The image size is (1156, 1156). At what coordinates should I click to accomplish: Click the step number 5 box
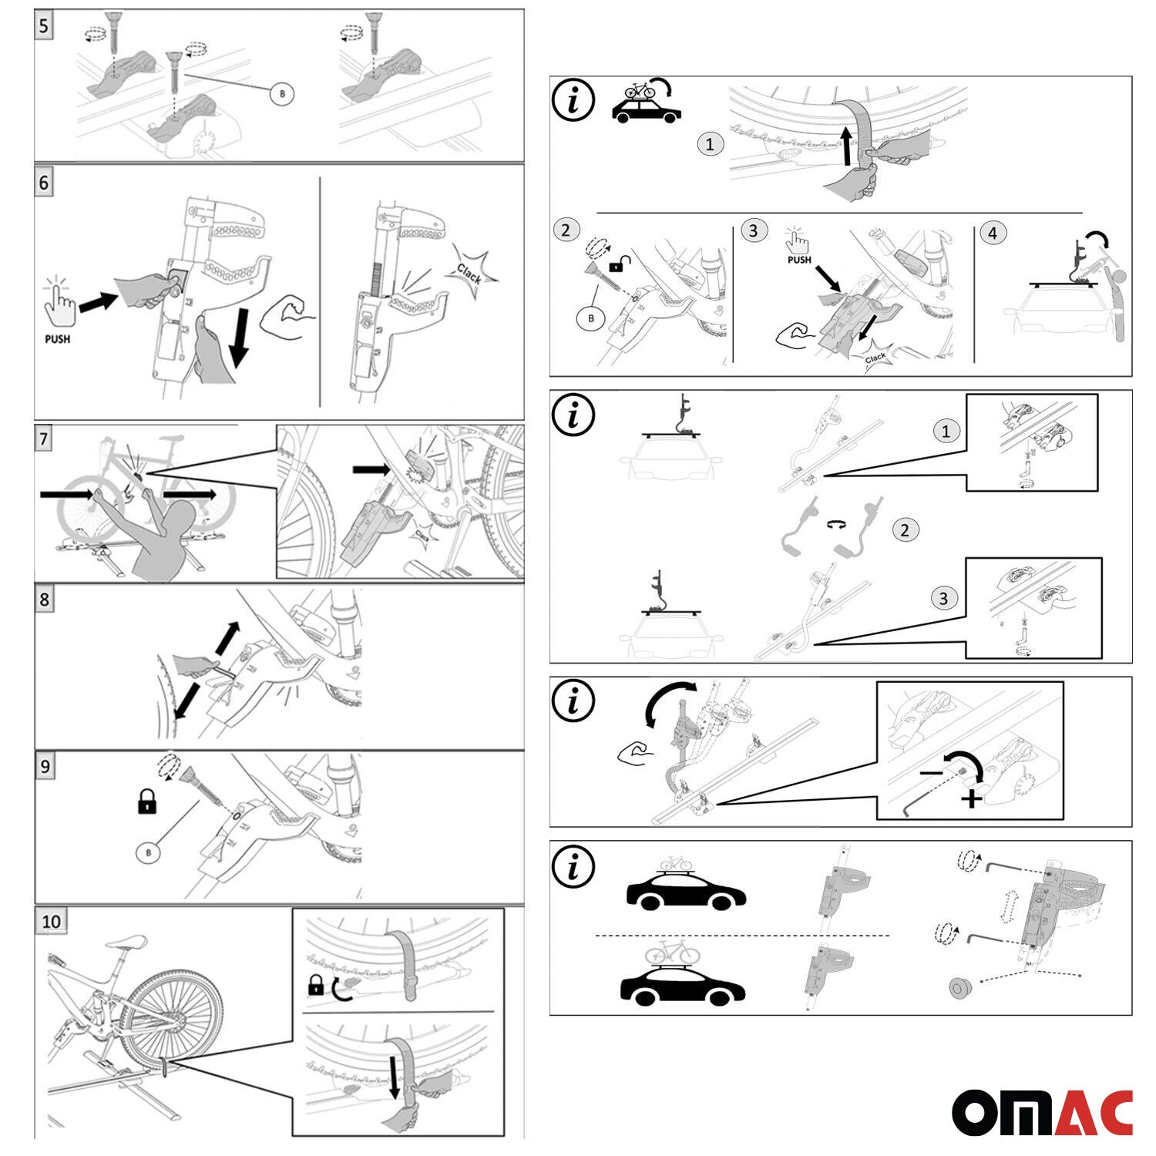click(44, 25)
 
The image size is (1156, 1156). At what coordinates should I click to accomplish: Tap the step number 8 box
click(45, 600)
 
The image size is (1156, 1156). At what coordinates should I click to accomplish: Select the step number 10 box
click(51, 921)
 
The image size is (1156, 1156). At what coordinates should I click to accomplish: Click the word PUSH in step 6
click(58, 339)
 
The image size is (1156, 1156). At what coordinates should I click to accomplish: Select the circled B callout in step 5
click(282, 94)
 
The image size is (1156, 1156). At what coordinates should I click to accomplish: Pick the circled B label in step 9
click(148, 853)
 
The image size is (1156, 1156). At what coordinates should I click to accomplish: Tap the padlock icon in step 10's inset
click(315, 985)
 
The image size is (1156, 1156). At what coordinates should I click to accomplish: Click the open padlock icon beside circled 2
click(617, 266)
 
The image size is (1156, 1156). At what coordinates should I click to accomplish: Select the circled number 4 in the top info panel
click(993, 233)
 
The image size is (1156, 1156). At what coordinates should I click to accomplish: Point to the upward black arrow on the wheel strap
click(848, 146)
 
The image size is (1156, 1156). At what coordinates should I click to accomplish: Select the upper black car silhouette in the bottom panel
click(686, 894)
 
